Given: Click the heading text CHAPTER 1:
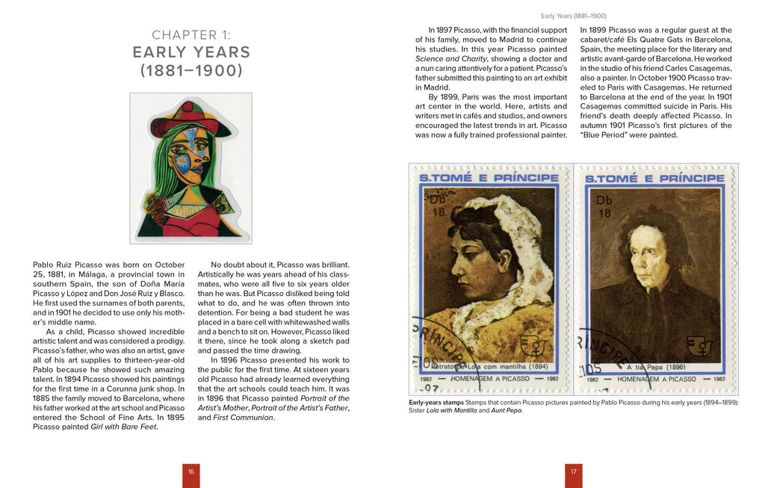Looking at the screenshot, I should click(191, 34).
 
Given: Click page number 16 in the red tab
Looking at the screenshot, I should click(191, 472).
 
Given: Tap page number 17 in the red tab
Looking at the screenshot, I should click(573, 472).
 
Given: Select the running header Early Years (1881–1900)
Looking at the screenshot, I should click(573, 15).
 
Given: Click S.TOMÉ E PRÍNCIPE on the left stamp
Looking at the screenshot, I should click(489, 178).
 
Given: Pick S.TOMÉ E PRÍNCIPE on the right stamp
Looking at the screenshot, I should click(654, 179).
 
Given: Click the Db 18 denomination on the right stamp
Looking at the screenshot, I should click(604, 207).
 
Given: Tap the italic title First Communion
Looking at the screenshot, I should click(243, 417).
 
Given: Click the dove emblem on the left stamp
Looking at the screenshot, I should click(535, 345).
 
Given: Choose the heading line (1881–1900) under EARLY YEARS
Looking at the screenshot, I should click(191, 71).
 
